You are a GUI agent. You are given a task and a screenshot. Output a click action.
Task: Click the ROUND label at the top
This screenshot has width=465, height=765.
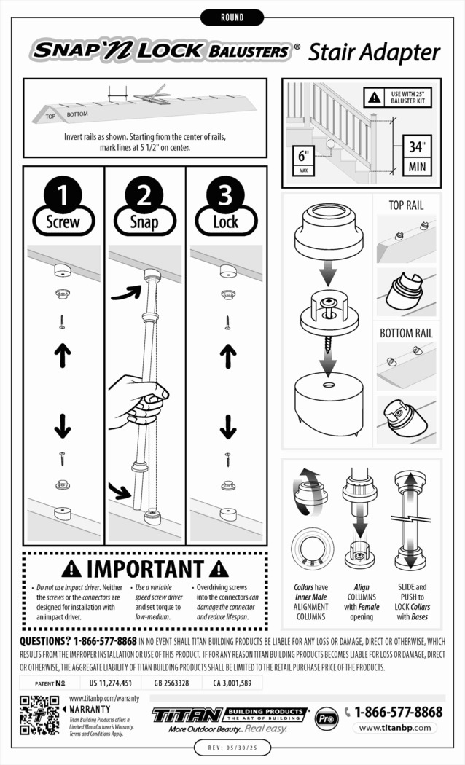232,17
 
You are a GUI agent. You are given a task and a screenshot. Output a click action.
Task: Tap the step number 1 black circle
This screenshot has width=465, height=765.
63,195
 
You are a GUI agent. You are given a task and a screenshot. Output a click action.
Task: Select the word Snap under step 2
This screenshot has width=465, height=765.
144,222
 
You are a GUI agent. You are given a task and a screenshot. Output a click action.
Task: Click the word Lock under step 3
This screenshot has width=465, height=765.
225,222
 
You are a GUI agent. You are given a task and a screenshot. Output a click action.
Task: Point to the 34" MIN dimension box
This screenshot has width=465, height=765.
415,154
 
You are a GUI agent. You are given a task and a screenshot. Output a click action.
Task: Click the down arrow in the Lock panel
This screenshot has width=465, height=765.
228,425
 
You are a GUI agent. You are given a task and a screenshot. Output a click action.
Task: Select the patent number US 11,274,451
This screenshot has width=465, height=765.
110,683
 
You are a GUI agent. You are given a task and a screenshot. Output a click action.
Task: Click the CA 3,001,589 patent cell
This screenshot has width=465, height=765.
232,683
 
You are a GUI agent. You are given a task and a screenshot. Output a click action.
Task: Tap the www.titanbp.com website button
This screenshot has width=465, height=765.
395,728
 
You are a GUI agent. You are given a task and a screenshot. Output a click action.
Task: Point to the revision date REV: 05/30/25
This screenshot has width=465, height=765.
232,748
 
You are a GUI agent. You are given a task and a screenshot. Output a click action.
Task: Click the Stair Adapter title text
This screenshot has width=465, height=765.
374,52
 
